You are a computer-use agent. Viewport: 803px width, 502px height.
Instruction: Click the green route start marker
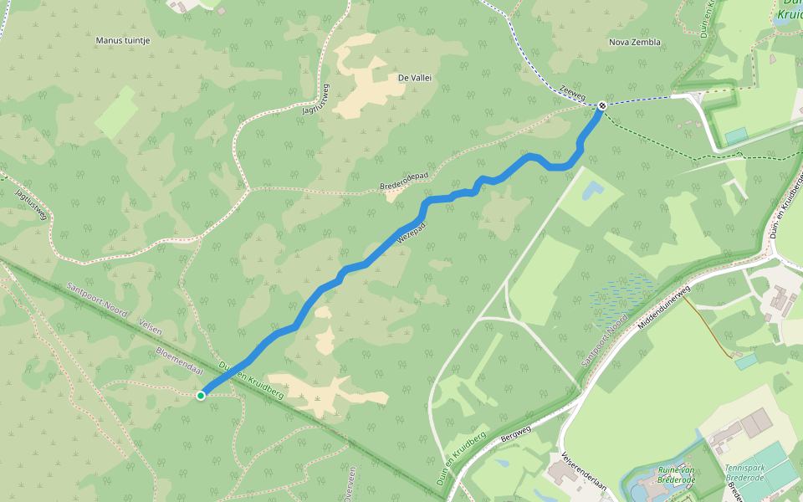pyautogui.click(x=201, y=395)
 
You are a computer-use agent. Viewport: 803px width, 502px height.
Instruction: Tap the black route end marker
pyautogui.click(x=602, y=105)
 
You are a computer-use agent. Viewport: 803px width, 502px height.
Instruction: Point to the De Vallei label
pyautogui.click(x=415, y=78)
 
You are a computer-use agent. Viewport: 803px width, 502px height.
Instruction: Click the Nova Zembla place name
pyautogui.click(x=635, y=42)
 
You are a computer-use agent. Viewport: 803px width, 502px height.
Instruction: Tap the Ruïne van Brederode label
pyautogui.click(x=677, y=475)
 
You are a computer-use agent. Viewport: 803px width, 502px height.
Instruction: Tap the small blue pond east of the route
pyautogui.click(x=591, y=190)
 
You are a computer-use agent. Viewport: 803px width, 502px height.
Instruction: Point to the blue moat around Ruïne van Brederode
pyautogui.click(x=629, y=485)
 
